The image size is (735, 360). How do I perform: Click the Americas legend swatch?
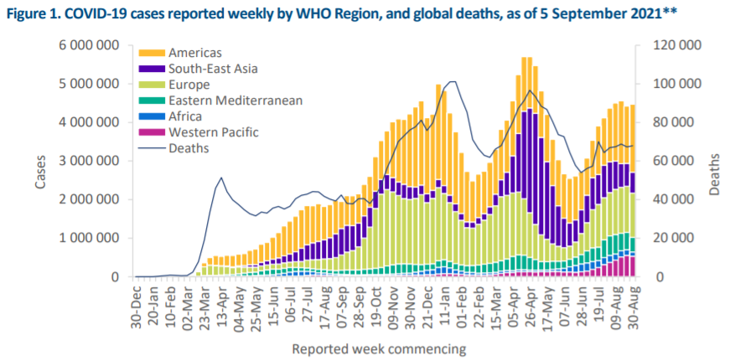click(152, 53)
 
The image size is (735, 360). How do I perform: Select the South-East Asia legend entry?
click(205, 69)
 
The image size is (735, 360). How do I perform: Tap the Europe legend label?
click(188, 85)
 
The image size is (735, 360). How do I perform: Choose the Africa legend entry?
click(185, 116)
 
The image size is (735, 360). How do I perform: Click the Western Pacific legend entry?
click(213, 132)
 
